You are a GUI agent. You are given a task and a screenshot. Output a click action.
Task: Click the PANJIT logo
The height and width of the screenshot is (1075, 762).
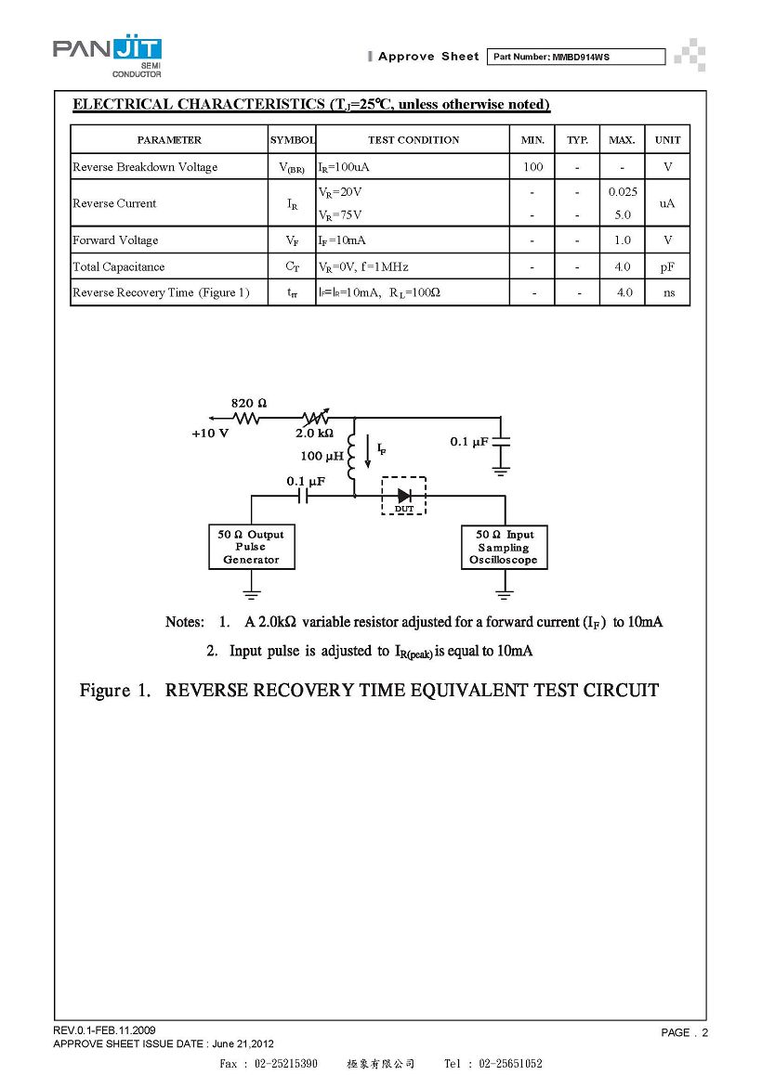[108, 56]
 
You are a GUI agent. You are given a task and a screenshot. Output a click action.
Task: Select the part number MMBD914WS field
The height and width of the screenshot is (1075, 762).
[575, 57]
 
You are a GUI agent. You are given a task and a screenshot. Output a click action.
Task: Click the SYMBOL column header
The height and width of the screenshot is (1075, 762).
[293, 140]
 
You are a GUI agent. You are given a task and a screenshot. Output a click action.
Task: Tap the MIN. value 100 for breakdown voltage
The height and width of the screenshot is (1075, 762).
[532, 166]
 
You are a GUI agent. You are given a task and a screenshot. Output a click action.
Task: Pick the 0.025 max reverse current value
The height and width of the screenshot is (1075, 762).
[623, 192]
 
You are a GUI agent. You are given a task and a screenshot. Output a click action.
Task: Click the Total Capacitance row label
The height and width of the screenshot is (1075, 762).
[119, 266]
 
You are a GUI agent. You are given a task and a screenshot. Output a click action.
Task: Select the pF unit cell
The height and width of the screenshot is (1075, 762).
[667, 266]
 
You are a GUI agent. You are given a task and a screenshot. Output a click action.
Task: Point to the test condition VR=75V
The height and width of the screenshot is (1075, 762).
[340, 215]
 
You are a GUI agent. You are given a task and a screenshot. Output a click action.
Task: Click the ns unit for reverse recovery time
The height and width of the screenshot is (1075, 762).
[669, 292]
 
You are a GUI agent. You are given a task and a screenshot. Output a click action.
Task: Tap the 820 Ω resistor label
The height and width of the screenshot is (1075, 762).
[248, 403]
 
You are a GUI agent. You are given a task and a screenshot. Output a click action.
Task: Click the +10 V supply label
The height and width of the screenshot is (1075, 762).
[210, 434]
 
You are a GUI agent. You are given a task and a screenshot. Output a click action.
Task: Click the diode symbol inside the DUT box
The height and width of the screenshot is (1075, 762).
[404, 495]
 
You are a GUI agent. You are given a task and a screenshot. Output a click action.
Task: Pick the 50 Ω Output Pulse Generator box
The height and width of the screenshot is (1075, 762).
[252, 547]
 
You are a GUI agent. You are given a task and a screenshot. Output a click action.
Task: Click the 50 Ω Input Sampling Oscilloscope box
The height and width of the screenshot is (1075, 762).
[504, 547]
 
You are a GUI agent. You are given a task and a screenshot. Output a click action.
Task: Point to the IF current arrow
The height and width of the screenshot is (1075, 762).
[367, 451]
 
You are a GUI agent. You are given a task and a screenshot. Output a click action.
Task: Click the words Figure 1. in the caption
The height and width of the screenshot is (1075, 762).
[114, 691]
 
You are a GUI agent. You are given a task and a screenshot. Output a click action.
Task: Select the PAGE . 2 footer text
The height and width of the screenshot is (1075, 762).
[685, 1032]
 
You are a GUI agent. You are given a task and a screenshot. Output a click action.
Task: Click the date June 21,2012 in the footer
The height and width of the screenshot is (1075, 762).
[243, 1044]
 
